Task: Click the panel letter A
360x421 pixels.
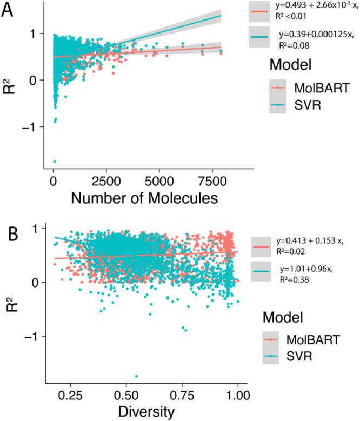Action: click(9, 11)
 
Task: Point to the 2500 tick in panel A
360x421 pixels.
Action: click(102, 179)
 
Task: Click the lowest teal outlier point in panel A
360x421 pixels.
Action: click(55, 161)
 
